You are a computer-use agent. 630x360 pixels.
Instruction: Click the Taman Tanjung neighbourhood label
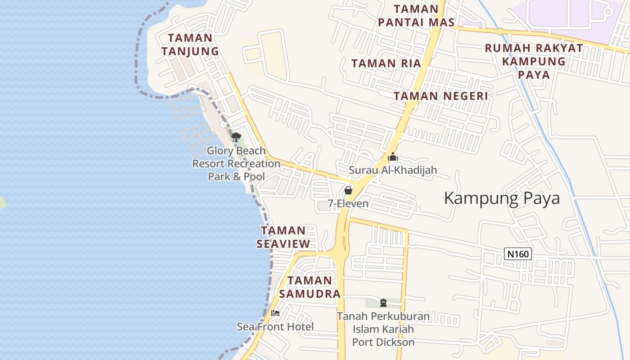(190, 45)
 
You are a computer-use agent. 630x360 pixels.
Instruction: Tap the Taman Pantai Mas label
(416, 16)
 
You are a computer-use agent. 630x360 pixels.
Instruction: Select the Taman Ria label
(386, 63)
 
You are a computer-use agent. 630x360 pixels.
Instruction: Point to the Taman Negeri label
(441, 96)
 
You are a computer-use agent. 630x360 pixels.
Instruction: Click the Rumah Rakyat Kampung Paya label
(534, 61)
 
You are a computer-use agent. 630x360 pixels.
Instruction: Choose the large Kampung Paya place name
(502, 198)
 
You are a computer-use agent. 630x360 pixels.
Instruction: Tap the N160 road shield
(517, 254)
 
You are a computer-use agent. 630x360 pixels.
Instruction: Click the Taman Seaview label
(283, 237)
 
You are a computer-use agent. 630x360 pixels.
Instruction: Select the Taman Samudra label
(310, 287)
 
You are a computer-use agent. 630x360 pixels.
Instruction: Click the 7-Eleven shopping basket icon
(348, 190)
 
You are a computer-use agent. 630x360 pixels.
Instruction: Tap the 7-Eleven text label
(348, 204)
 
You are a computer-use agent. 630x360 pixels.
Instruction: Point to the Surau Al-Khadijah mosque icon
(392, 157)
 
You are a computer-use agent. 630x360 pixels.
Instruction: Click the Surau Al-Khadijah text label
(393, 171)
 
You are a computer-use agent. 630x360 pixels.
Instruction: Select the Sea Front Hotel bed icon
(275, 313)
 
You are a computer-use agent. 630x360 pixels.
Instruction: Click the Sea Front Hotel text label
(275, 327)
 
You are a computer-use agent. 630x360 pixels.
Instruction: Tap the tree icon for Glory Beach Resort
(236, 137)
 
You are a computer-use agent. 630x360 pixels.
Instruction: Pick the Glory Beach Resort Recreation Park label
(236, 163)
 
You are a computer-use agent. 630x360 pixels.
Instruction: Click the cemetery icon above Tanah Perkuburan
(383, 303)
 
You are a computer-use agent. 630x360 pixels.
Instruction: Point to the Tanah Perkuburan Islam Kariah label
(383, 329)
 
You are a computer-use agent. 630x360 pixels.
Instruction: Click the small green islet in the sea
(2, 202)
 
